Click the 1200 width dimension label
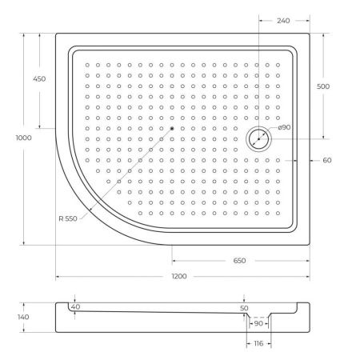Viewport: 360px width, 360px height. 178,276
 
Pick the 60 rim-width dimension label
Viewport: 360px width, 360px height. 327,160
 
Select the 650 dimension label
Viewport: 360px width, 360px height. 239,261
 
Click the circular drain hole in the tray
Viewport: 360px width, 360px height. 259,139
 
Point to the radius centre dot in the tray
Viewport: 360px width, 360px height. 171,127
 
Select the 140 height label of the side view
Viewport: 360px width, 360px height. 23,317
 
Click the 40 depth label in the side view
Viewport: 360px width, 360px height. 75,306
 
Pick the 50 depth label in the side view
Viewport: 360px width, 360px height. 244,307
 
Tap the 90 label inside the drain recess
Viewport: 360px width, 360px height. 258,324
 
